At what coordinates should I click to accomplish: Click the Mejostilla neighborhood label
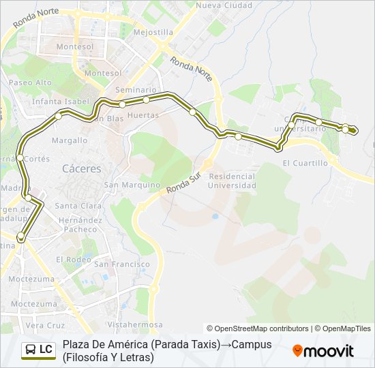pos(153,32)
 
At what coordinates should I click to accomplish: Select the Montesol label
pos(104,73)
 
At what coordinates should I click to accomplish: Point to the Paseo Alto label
pos(30,82)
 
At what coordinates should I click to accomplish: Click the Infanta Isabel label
pos(61,102)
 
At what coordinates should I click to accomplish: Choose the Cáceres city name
pos(81,168)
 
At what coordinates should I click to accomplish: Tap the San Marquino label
pos(132,185)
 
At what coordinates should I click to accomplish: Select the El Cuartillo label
pos(305,163)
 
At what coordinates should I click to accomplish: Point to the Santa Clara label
pos(78,206)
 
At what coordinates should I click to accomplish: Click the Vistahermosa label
pos(140,324)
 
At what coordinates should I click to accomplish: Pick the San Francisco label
pos(122,264)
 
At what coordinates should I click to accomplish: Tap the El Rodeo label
pos(74,259)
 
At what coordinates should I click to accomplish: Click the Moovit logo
pos(323,351)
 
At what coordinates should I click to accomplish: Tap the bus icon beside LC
pos(31,350)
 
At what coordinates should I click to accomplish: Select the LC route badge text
pos(46,350)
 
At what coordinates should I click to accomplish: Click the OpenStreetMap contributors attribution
pos(258,328)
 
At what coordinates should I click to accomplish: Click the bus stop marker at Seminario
pos(122,104)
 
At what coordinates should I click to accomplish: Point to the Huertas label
pos(143,115)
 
